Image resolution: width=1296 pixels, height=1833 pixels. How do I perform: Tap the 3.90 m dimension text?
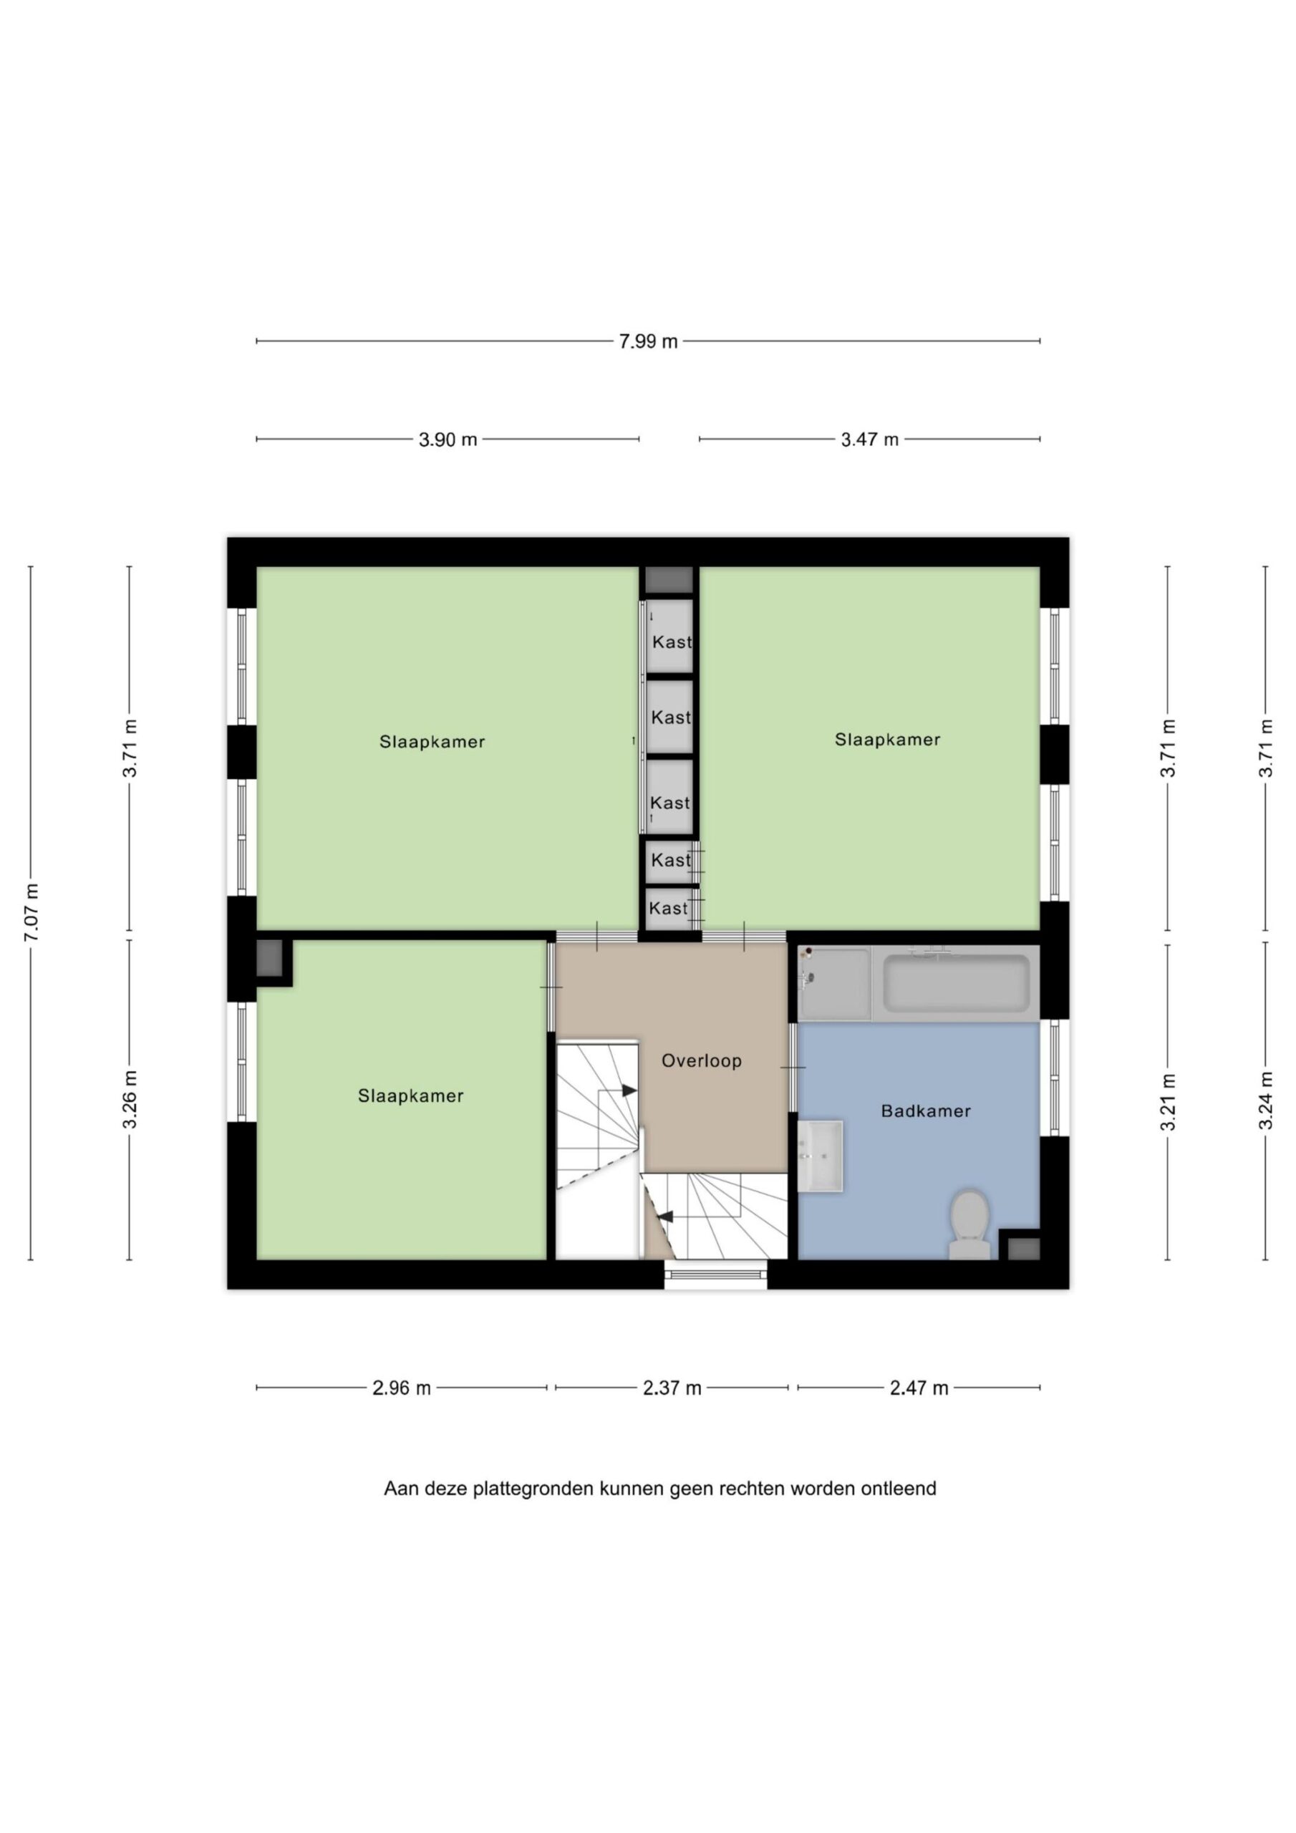click(448, 439)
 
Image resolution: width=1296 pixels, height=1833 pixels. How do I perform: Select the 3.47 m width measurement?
click(869, 439)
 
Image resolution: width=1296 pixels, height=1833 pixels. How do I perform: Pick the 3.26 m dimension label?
click(130, 1099)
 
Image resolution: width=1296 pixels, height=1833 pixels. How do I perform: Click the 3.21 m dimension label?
click(1169, 1103)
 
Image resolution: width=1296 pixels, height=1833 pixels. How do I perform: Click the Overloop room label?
click(702, 1061)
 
